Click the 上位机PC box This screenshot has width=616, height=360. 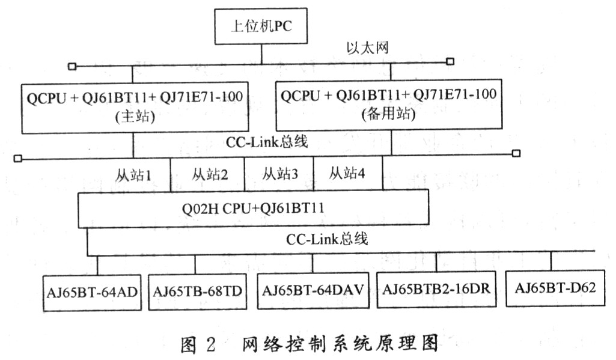click(x=261, y=26)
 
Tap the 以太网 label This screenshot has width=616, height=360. click(x=368, y=48)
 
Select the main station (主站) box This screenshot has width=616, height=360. click(x=135, y=108)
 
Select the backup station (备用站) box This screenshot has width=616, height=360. click(x=389, y=105)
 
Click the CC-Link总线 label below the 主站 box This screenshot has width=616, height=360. click(x=267, y=141)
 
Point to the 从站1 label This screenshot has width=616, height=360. click(x=133, y=175)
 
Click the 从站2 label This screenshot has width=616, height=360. click(x=210, y=174)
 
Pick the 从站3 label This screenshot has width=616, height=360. click(x=280, y=173)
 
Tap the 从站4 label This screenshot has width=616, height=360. click(x=347, y=172)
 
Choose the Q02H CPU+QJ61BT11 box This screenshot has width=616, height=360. click(x=253, y=209)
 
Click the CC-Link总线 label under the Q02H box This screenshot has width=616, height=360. click(x=327, y=239)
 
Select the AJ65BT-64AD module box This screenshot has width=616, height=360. click(x=92, y=293)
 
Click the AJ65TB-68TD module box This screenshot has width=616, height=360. click(x=198, y=291)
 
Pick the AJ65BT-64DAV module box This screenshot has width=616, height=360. click(x=313, y=290)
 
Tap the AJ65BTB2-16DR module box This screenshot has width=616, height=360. click(x=436, y=289)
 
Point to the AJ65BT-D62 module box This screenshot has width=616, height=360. click(x=555, y=288)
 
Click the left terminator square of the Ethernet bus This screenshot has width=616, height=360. click(x=72, y=67)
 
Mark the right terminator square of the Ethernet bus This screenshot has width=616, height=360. click(x=450, y=61)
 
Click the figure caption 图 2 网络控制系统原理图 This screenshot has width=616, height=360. click(x=309, y=344)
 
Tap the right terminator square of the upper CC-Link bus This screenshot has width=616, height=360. click(x=517, y=153)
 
